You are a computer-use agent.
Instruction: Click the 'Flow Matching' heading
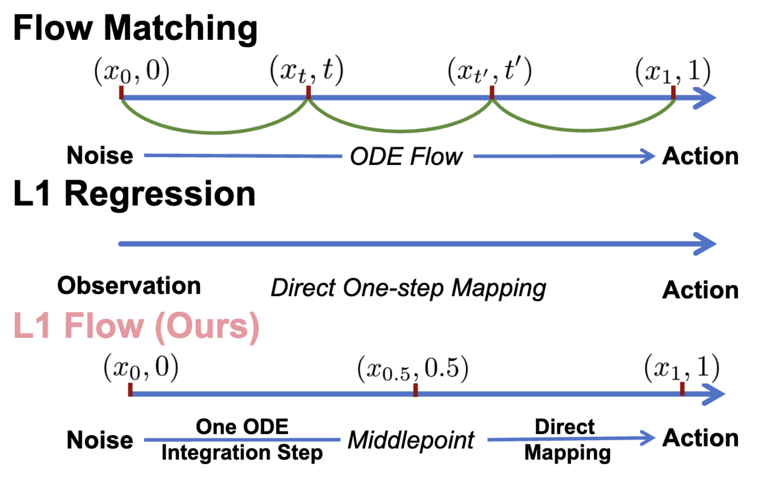pos(135,29)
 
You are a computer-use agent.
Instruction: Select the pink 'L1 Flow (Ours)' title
pos(136,326)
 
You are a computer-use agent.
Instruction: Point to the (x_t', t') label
pos(489,71)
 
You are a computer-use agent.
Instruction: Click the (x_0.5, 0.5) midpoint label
pos(413,368)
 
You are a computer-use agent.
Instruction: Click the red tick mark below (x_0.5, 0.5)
pos(415,390)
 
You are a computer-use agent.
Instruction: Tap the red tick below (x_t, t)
pos(308,92)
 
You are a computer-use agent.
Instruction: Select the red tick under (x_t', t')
pos(492,92)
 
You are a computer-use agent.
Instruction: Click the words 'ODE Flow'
pos(406,157)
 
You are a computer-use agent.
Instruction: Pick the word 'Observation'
pos(129,286)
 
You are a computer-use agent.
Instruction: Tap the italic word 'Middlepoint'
pos(411,440)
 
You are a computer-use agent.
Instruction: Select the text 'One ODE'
pos(242,427)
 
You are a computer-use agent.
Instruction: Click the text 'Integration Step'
pos(242,453)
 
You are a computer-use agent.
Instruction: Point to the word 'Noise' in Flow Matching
pos(100,155)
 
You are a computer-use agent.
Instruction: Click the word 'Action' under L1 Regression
pos(700,290)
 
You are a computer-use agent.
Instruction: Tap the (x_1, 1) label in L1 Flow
pos(681,368)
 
